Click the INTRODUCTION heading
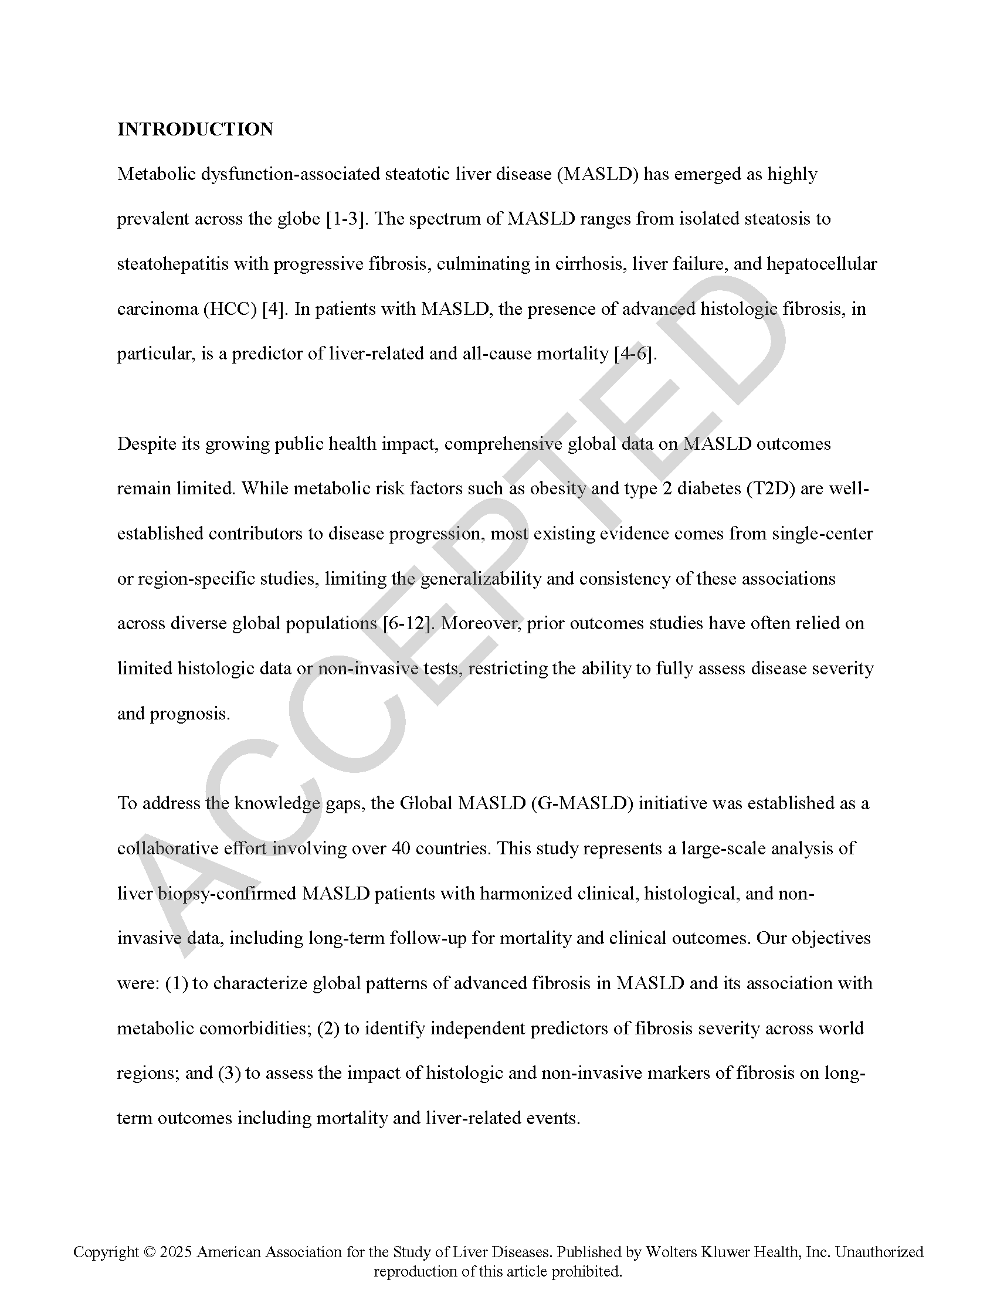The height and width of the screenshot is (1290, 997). coord(195,130)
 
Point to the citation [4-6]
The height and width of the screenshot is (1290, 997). coord(635,354)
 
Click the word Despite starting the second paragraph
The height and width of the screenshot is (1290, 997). coord(147,444)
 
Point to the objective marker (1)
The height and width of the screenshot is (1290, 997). coord(177,984)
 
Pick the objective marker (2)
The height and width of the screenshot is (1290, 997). coord(328,1029)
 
